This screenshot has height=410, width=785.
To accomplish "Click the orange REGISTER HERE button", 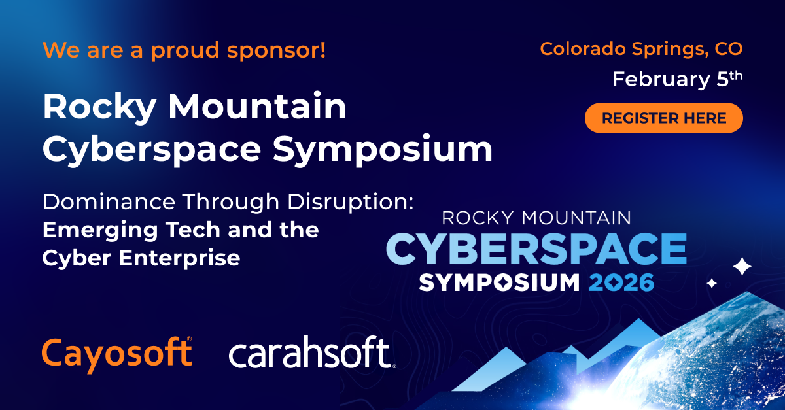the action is [x=664, y=118].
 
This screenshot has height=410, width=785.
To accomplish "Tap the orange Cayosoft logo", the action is [x=117, y=354].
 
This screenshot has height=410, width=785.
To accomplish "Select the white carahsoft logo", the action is [x=312, y=352].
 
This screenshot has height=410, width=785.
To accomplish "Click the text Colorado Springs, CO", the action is [x=641, y=49].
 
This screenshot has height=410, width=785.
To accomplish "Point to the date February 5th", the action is [x=677, y=79].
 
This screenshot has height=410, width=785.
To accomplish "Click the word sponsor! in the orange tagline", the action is [x=277, y=51].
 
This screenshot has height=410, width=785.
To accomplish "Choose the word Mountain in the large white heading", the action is [x=258, y=106].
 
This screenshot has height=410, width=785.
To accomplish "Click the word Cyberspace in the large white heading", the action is [x=152, y=149].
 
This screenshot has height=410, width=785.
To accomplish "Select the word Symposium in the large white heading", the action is [x=383, y=150].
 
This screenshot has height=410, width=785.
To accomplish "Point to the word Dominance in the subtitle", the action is [x=109, y=202].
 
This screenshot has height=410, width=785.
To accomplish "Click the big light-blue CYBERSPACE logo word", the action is [x=536, y=248].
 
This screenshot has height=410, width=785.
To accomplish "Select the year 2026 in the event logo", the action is [x=621, y=282].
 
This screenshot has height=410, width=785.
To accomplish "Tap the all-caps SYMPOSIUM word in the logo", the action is [x=499, y=282].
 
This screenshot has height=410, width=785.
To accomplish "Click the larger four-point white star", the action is [x=742, y=267].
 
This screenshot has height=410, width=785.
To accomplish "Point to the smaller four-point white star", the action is [x=712, y=283].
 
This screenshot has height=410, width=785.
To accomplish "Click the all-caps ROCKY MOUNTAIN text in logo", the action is [x=536, y=218].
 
